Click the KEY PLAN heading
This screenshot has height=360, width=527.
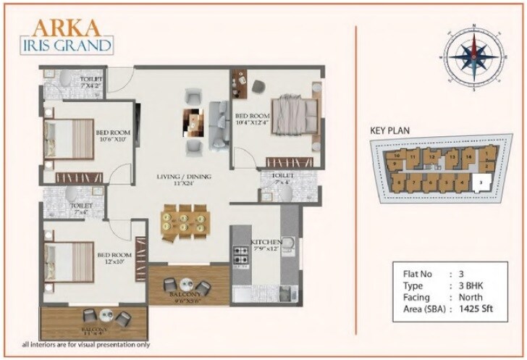pos(390,130)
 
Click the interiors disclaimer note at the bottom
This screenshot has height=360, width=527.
pos(85,345)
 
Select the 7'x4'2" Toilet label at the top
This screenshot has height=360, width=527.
pos(92,83)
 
